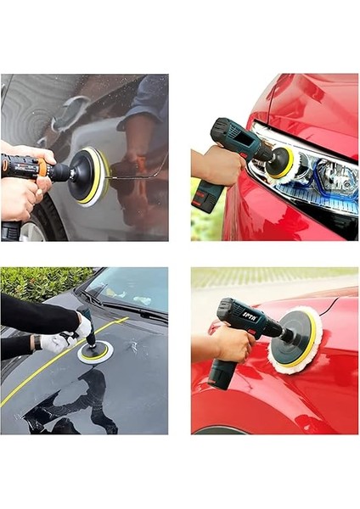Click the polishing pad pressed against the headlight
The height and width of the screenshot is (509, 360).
pyautogui.click(x=281, y=161)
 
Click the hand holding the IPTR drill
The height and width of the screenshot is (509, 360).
pyautogui.click(x=230, y=344)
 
